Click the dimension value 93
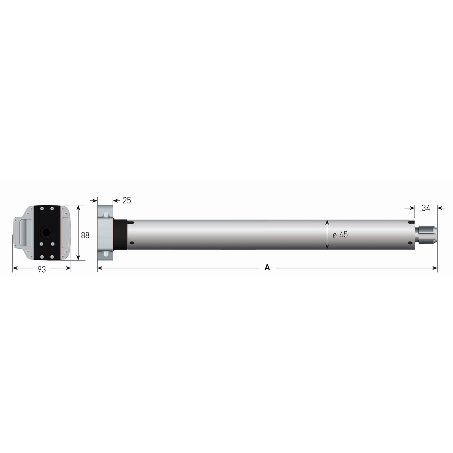click(42, 270)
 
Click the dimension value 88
click(85, 235)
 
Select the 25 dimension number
click(127, 200)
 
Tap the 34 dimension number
click(426, 208)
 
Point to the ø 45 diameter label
click(340, 234)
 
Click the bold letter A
click(267, 267)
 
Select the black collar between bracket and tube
click(120, 234)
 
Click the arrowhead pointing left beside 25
click(115, 200)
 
